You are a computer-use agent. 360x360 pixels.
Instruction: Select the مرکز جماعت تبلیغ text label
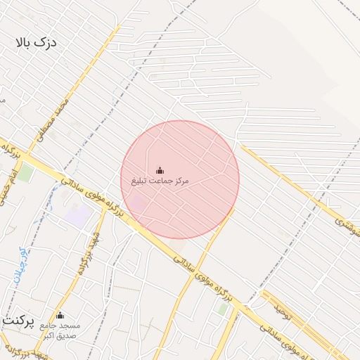[160, 181]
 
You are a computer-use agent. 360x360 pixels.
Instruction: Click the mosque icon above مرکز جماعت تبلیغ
[160, 170]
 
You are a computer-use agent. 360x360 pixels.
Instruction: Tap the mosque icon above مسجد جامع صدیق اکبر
[60, 315]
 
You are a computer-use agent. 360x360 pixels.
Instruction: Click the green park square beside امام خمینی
[26, 172]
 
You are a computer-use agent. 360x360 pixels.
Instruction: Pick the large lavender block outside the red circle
[79, 215]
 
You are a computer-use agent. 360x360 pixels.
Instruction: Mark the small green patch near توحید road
[222, 308]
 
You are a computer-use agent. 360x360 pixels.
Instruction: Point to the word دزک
[46, 44]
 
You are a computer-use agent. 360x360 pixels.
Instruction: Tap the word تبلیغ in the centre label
[140, 181]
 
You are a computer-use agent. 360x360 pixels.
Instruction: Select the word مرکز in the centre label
[180, 181]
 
